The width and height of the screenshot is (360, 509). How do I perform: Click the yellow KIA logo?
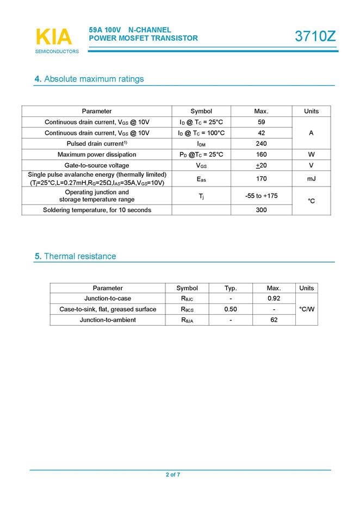pyautogui.click(x=53, y=37)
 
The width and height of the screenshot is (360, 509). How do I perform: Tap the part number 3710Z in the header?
pyautogui.click(x=315, y=36)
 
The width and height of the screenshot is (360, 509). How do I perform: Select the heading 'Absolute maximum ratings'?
pyautogui.click(x=94, y=79)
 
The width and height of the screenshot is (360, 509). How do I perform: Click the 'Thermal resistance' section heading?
pyautogui.click(x=79, y=256)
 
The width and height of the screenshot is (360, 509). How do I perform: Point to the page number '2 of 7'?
pyautogui.click(x=173, y=475)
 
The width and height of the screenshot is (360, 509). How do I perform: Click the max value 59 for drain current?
pyautogui.click(x=261, y=122)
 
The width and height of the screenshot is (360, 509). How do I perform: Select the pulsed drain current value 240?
pyautogui.click(x=261, y=144)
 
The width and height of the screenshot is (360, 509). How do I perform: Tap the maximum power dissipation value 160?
pyautogui.click(x=261, y=154)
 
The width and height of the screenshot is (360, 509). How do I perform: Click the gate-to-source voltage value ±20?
pyautogui.click(x=261, y=165)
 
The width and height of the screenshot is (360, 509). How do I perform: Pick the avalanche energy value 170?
pyautogui.click(x=261, y=178)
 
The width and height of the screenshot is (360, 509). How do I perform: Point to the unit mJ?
pyautogui.click(x=311, y=178)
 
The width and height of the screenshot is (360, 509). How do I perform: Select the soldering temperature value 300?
pyautogui.click(x=261, y=209)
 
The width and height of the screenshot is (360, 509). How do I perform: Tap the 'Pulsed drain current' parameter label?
pyautogui.click(x=97, y=144)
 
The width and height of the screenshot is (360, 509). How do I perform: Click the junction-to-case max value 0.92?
pyautogui.click(x=274, y=299)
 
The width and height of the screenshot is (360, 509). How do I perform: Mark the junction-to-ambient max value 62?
pyautogui.click(x=274, y=320)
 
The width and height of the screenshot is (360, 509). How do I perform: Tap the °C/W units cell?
pyautogui.click(x=307, y=309)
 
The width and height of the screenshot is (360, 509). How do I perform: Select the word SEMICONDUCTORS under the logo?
pyautogui.click(x=57, y=52)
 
